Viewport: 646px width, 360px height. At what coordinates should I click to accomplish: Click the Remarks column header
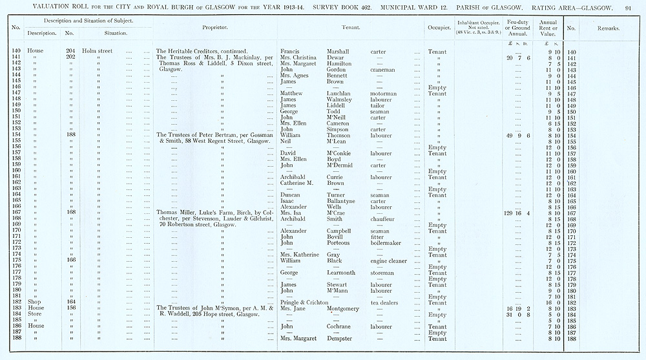608,28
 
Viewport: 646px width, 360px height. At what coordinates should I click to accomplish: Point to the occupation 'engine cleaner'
389,260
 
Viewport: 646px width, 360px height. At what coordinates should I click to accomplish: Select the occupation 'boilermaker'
386,243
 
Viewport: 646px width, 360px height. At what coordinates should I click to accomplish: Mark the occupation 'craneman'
384,70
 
